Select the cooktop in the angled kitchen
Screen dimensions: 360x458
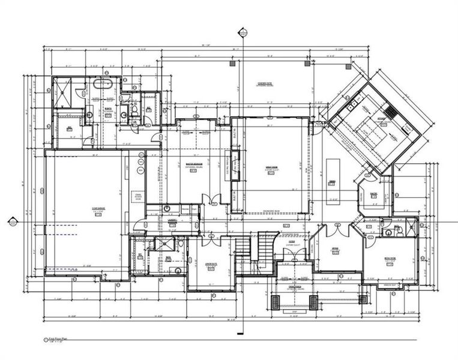[391, 111]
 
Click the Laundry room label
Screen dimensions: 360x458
[172, 220]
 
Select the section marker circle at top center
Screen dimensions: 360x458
[243, 32]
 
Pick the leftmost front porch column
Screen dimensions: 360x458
[276, 301]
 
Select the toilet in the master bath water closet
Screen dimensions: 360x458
[134, 110]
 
